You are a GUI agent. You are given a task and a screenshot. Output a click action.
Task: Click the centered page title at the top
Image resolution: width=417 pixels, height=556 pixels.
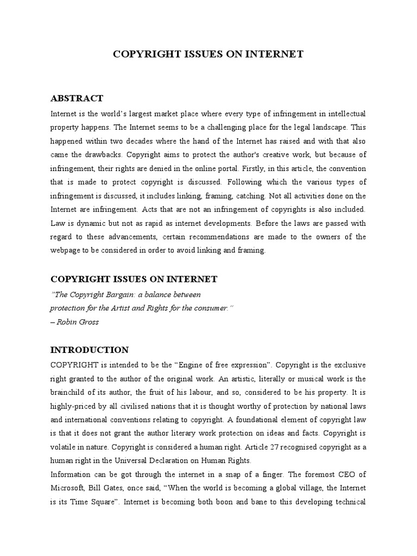point(208,54)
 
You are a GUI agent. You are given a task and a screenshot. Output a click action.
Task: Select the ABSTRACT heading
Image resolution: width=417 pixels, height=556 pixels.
point(77,98)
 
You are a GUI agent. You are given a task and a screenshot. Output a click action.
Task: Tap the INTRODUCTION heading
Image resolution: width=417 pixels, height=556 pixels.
point(90,350)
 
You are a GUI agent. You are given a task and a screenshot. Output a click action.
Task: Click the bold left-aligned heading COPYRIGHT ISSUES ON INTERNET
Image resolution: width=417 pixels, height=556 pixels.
point(134,279)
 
